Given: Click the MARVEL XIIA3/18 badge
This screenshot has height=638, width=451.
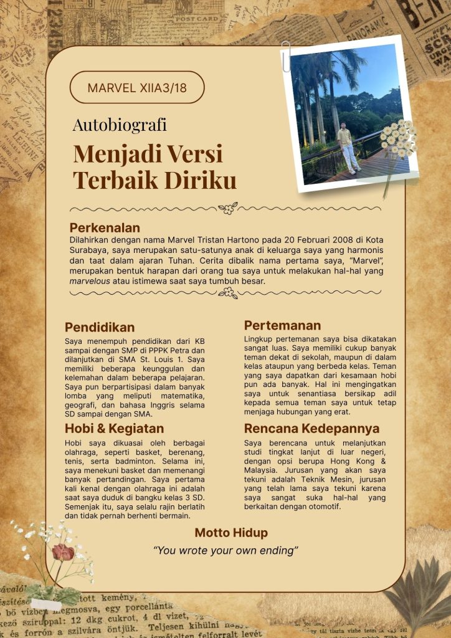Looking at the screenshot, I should (x=137, y=88).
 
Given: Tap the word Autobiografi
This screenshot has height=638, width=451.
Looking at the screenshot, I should (x=120, y=125).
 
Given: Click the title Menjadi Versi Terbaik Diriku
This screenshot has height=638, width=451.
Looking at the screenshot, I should (x=154, y=166).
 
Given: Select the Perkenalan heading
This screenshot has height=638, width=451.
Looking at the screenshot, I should (x=105, y=227).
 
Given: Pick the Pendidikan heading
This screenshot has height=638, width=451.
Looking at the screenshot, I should (x=100, y=327).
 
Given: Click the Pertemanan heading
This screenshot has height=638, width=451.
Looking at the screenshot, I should (x=282, y=325).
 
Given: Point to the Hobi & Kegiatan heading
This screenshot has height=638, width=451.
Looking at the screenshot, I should (x=115, y=428).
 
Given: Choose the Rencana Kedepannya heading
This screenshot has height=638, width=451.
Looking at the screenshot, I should (x=311, y=429).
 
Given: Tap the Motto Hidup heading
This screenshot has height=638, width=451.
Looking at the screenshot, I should (x=231, y=533).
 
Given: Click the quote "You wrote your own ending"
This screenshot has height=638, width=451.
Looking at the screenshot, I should (x=225, y=550).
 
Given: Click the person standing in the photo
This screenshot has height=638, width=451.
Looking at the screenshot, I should (x=346, y=146).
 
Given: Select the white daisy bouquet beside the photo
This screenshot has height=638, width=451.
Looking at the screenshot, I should (x=397, y=138).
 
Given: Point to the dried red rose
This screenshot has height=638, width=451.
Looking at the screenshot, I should (x=62, y=551).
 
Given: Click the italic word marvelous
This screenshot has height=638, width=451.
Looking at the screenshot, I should (x=90, y=281).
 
